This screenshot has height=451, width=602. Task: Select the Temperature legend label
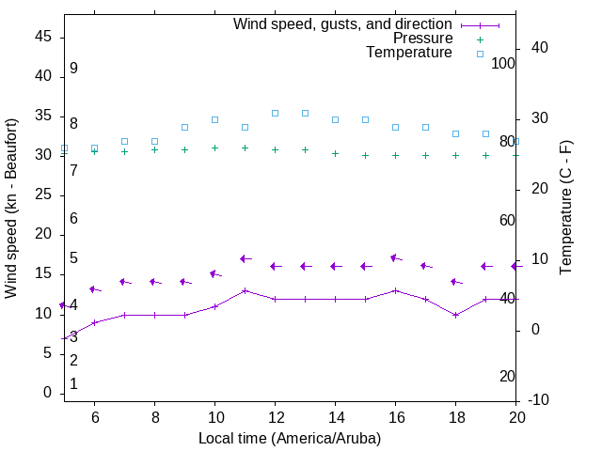(409, 53)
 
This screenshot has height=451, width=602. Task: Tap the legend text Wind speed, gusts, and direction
(343, 24)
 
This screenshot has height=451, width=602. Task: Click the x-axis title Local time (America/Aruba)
(290, 438)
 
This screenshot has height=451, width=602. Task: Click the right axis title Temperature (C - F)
(565, 209)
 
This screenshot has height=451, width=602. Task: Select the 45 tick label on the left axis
(43, 38)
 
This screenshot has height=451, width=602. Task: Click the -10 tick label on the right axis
(540, 400)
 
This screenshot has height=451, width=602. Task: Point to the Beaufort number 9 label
(73, 69)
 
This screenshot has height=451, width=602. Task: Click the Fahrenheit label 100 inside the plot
(503, 63)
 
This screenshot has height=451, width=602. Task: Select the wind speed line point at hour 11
(245, 290)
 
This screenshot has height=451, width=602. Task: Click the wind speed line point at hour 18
(455, 315)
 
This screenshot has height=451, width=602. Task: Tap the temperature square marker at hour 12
(275, 113)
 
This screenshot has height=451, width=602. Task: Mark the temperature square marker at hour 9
(184, 127)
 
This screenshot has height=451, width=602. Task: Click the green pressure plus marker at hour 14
(335, 153)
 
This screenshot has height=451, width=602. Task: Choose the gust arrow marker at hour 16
(395, 257)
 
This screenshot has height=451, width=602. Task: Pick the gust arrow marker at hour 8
(154, 282)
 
